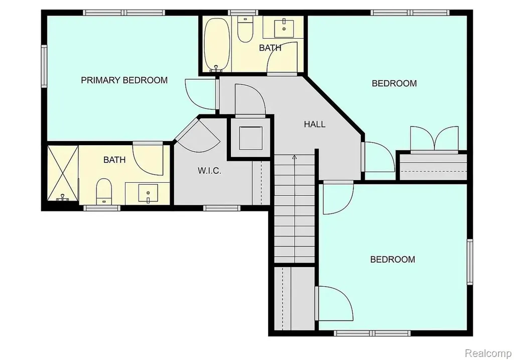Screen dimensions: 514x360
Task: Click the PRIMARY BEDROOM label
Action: (x=124, y=80)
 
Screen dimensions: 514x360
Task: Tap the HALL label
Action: (x=315, y=124)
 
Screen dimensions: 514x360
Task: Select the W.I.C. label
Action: (x=209, y=171)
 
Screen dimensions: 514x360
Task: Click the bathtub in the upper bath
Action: (x=217, y=45)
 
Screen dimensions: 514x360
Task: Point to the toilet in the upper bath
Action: (x=245, y=30)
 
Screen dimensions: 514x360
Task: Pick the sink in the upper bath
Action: (x=284, y=28)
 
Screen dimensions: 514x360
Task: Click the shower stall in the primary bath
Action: (x=63, y=173)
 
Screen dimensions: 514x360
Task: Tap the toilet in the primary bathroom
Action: (x=104, y=191)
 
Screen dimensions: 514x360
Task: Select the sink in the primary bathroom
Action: (x=148, y=193)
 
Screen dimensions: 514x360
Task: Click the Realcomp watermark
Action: (x=488, y=353)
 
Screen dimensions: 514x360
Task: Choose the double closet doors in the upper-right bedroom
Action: (x=434, y=139)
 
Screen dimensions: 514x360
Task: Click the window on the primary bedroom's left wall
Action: (x=44, y=67)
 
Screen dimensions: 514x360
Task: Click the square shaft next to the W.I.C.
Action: (x=251, y=138)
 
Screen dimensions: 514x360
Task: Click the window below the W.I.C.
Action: (x=221, y=208)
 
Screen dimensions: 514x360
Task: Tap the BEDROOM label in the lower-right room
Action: (x=393, y=260)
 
